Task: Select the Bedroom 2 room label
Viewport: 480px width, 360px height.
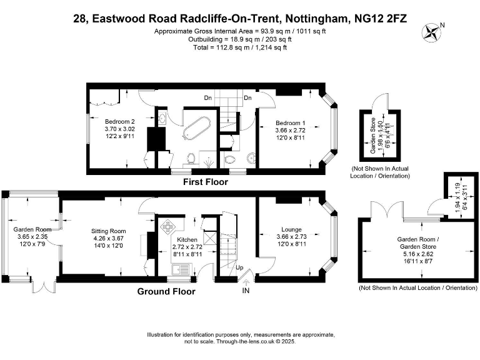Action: click(119, 121)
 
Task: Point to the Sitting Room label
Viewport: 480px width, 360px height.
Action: click(105, 231)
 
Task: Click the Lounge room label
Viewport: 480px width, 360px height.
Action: click(291, 229)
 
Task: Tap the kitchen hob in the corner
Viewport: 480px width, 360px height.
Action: click(170, 225)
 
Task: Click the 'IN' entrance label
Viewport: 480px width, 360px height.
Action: click(246, 291)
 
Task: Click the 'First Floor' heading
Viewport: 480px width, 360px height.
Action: click(205, 182)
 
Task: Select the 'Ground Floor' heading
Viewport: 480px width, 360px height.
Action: click(166, 291)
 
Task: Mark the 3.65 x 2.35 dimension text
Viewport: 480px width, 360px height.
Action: click(31, 237)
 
